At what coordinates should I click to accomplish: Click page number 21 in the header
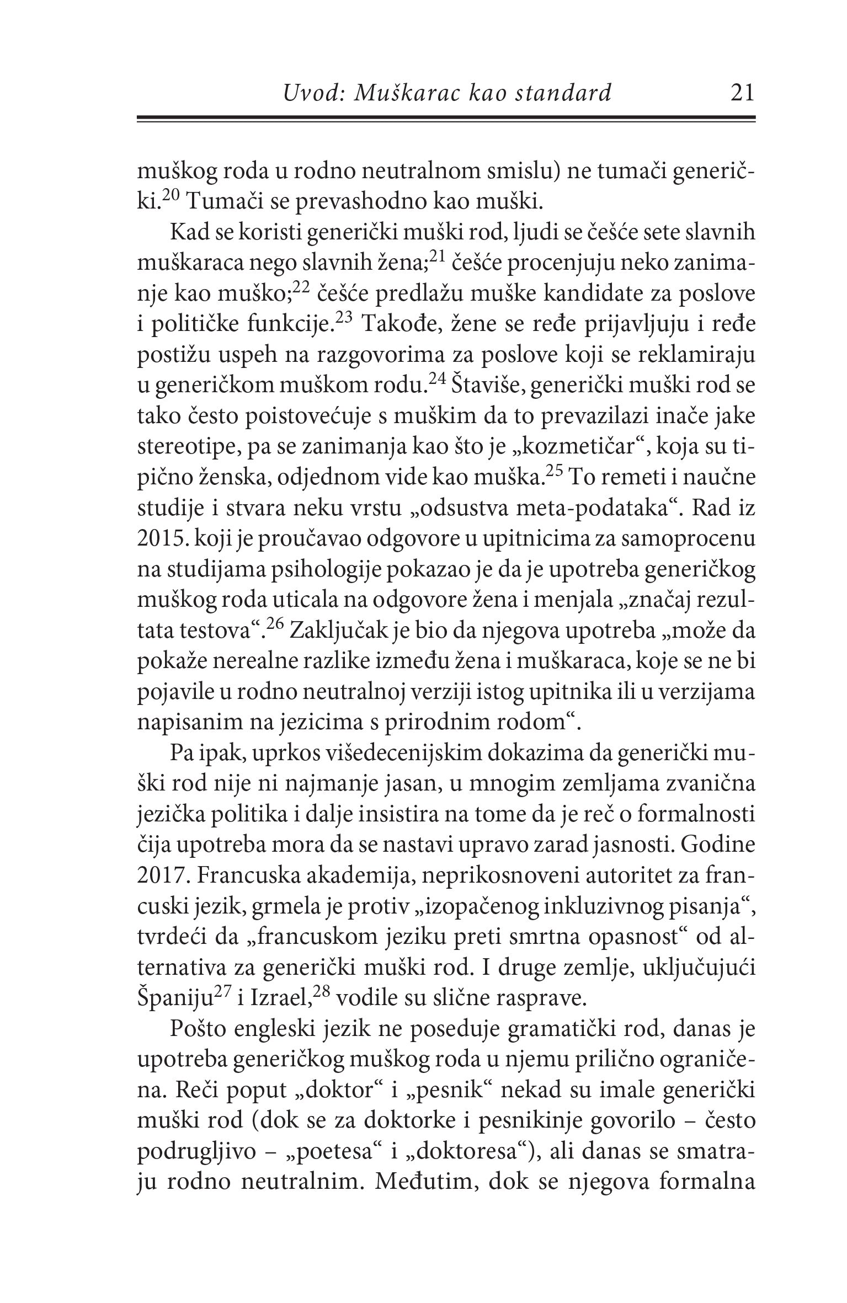click(x=741, y=93)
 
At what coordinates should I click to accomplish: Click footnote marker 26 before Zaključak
click(x=275, y=627)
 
